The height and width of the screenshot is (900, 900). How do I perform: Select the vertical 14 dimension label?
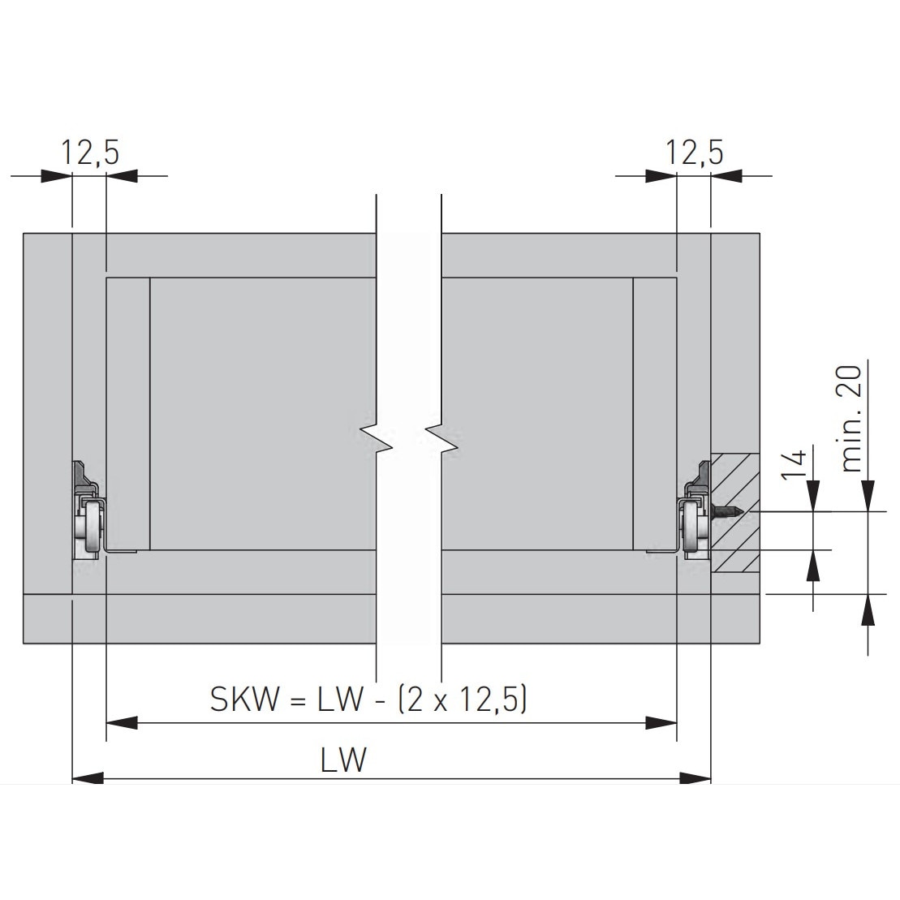pyautogui.click(x=798, y=463)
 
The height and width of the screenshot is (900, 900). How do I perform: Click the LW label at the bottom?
pyautogui.click(x=343, y=760)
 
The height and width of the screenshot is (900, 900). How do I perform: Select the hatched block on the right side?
pyautogui.click(x=735, y=513)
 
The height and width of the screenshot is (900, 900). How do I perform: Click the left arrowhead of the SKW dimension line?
pyautogui.click(x=122, y=721)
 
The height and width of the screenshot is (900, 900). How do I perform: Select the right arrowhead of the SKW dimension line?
pyautogui.click(x=661, y=721)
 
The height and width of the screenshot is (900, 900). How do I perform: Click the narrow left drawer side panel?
pyautogui.click(x=128, y=414)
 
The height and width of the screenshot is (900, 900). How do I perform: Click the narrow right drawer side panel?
pyautogui.click(x=654, y=414)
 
